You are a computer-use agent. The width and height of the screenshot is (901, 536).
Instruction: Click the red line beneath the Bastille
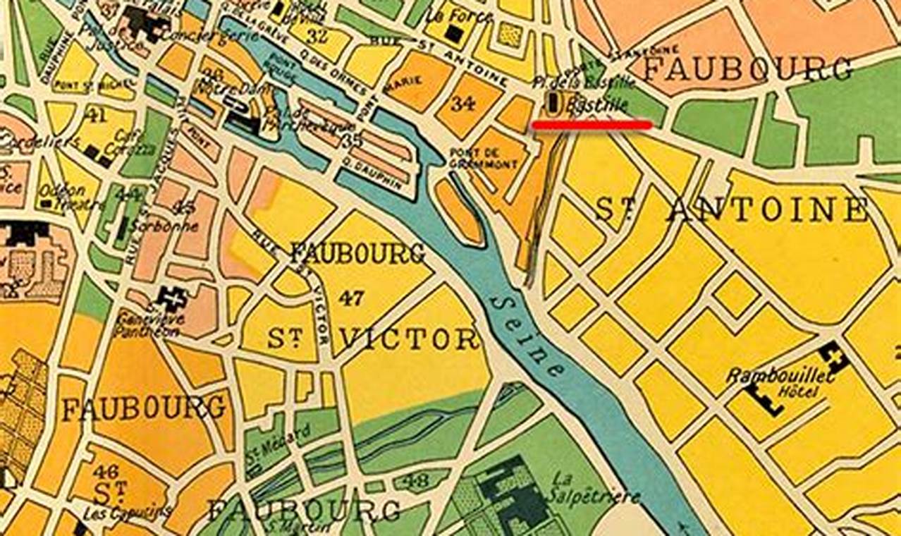(592, 125)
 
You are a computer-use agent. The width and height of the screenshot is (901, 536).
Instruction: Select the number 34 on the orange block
(462, 104)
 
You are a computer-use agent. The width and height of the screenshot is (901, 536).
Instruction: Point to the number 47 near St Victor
(350, 298)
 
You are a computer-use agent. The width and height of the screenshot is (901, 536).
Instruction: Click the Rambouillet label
(780, 375)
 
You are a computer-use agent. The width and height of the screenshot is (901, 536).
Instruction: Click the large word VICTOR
(410, 340)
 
